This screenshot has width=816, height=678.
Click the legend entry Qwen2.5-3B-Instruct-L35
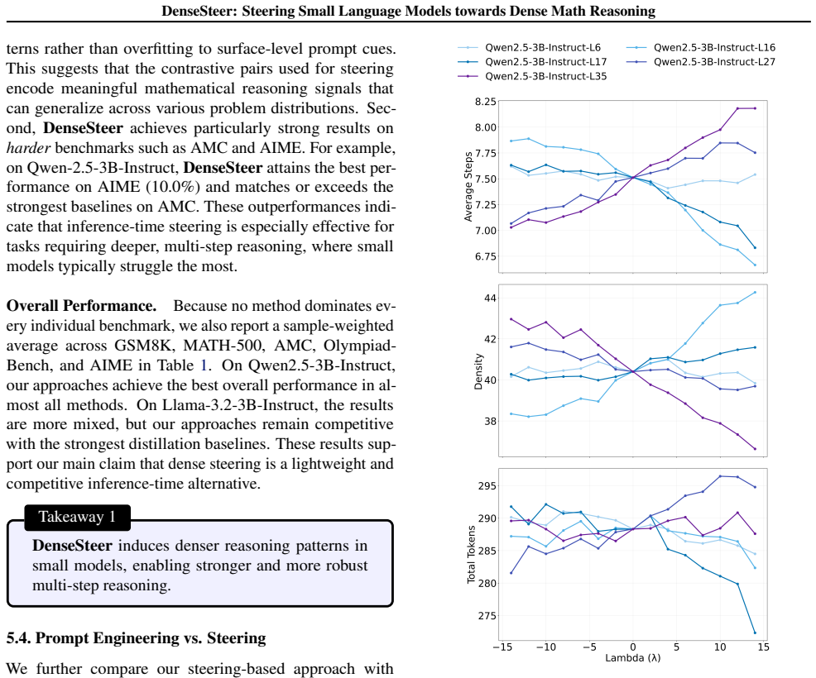[x=532, y=76]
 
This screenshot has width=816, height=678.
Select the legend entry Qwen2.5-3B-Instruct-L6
[x=529, y=47]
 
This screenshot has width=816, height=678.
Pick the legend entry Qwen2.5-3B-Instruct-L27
[x=700, y=62]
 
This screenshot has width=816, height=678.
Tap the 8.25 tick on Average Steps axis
[x=485, y=102]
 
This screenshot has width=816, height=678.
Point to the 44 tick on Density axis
[x=490, y=298]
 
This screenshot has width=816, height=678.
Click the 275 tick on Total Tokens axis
[x=487, y=616]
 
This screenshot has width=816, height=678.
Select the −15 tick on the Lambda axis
[x=502, y=647]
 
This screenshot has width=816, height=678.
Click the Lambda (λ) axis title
[x=633, y=658]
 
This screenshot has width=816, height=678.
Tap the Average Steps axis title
[x=468, y=187]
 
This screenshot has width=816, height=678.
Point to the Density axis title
[x=478, y=371]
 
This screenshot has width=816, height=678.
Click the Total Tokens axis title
[x=471, y=554]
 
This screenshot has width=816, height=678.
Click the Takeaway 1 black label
[x=77, y=517]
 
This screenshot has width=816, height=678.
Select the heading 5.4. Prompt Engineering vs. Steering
[x=136, y=638]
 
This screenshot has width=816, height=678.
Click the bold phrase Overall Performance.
[x=81, y=306]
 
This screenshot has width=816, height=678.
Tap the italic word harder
[x=28, y=148]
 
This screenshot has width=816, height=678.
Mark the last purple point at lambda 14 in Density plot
[x=755, y=449]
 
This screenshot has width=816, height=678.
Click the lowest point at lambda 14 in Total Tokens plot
[x=755, y=633]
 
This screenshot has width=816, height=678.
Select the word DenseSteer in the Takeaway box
[x=72, y=546]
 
